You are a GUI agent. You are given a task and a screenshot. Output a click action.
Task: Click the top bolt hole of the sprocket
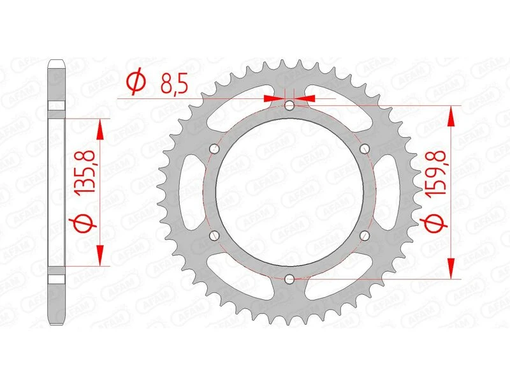(x=289, y=105)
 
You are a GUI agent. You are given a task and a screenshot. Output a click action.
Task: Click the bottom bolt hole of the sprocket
(x=289, y=278)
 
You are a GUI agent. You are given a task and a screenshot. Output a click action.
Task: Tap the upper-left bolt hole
(x=214, y=149)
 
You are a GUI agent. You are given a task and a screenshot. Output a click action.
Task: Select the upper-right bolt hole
(x=365, y=149)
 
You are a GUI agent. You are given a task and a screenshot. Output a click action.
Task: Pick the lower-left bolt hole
(x=214, y=235)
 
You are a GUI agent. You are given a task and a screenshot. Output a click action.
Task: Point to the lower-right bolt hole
(x=365, y=235)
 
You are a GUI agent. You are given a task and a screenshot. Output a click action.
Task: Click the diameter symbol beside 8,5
(x=135, y=83)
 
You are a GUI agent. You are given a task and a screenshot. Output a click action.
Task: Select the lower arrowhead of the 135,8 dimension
(x=100, y=256)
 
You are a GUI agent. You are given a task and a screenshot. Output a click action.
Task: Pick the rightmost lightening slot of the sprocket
(x=389, y=191)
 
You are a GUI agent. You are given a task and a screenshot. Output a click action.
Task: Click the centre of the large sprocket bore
(x=289, y=191)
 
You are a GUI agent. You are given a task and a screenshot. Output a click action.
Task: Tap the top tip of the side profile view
(x=56, y=62)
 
